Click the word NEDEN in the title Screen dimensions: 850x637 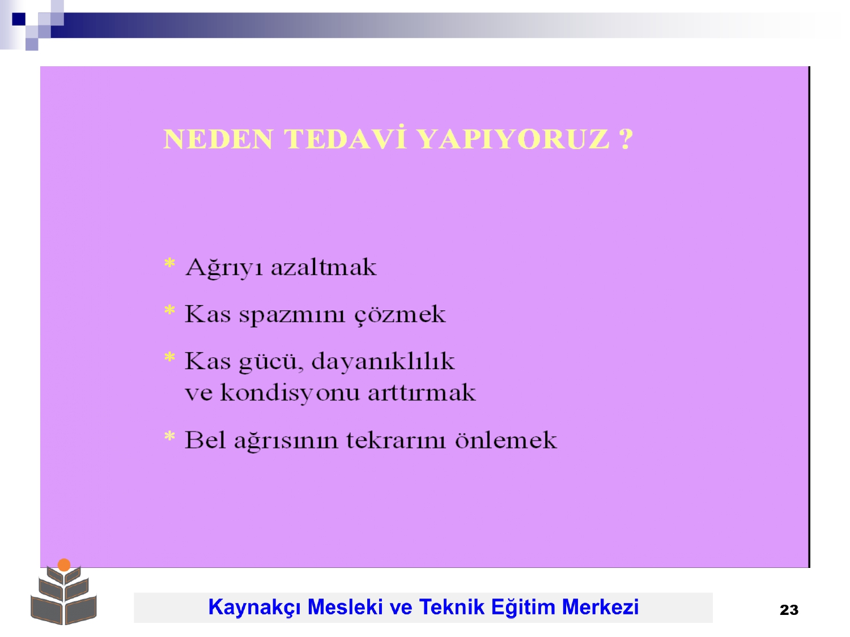[218, 139]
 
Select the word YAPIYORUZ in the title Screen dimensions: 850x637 [514, 139]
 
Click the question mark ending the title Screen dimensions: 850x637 [626, 139]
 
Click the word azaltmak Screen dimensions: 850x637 [324, 267]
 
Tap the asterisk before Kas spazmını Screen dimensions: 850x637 [169, 311]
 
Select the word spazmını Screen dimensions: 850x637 [292, 315]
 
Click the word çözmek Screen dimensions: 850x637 [400, 315]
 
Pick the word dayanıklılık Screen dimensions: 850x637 [383, 362]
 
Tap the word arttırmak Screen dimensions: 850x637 [422, 393]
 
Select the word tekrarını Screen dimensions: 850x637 [396, 441]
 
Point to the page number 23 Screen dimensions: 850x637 [789, 610]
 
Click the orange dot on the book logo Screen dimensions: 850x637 [64, 565]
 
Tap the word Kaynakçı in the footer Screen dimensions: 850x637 [255, 608]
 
